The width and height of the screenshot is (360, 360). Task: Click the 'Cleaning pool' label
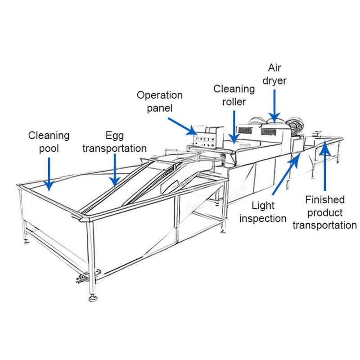[x=49, y=141]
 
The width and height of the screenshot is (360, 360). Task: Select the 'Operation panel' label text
[x=160, y=102]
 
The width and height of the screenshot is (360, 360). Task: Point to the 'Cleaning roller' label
[x=234, y=95]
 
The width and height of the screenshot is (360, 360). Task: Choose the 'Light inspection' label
[x=263, y=212]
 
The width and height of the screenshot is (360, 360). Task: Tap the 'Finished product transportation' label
[x=324, y=212]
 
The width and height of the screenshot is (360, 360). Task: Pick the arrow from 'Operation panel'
[x=182, y=126]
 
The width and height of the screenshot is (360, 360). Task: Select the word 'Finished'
[x=324, y=200]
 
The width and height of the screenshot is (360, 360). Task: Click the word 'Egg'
[x=114, y=135]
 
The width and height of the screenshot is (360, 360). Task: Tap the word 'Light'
[x=263, y=206]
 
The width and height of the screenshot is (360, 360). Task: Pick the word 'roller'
[x=234, y=102]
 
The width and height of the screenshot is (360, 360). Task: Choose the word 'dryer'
[x=275, y=81]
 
